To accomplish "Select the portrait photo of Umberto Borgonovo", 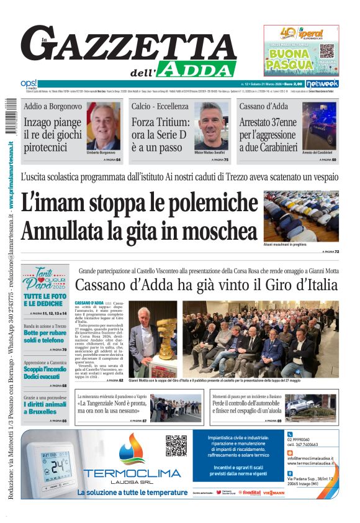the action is pos(104,127).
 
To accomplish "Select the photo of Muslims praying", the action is pos(301,216).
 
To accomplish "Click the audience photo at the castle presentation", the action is pos(261,339).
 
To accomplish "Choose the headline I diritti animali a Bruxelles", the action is pos(45,407).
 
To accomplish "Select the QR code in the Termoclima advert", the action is pos(176,445).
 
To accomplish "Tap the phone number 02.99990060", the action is pos(300,439).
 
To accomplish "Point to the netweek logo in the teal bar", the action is pos(323,83).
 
